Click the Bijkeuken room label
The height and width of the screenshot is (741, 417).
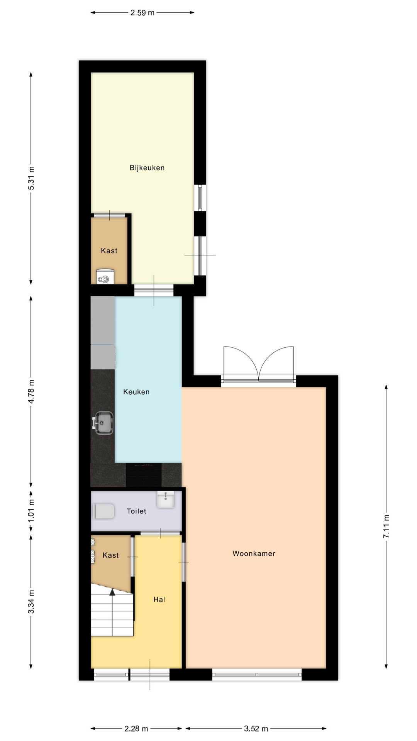[x=147, y=168]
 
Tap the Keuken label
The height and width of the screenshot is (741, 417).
[x=136, y=392]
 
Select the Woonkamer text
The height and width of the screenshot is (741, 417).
[x=254, y=553]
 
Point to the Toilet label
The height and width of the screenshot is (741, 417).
[x=137, y=511]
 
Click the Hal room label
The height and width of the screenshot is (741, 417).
[x=159, y=599]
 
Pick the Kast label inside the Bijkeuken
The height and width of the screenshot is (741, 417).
[x=109, y=251]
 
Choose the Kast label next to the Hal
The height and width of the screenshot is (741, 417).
[x=111, y=555]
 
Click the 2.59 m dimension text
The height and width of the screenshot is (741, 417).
[x=142, y=13]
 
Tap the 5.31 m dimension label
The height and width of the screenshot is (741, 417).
[x=31, y=178]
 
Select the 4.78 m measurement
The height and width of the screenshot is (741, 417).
[x=31, y=391]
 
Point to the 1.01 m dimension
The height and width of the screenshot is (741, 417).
[x=31, y=511]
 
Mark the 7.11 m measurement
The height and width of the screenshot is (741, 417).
[x=386, y=527]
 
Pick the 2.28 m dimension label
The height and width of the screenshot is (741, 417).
[x=136, y=729]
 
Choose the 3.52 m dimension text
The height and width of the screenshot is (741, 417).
[x=256, y=729]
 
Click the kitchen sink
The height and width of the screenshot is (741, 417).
[x=103, y=423]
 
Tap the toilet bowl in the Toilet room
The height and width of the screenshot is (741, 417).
[x=103, y=512]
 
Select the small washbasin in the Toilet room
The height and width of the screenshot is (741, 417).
[x=166, y=499]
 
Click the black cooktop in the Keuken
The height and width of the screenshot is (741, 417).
[x=144, y=475]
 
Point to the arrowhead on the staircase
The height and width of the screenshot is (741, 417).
[x=112, y=592]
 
